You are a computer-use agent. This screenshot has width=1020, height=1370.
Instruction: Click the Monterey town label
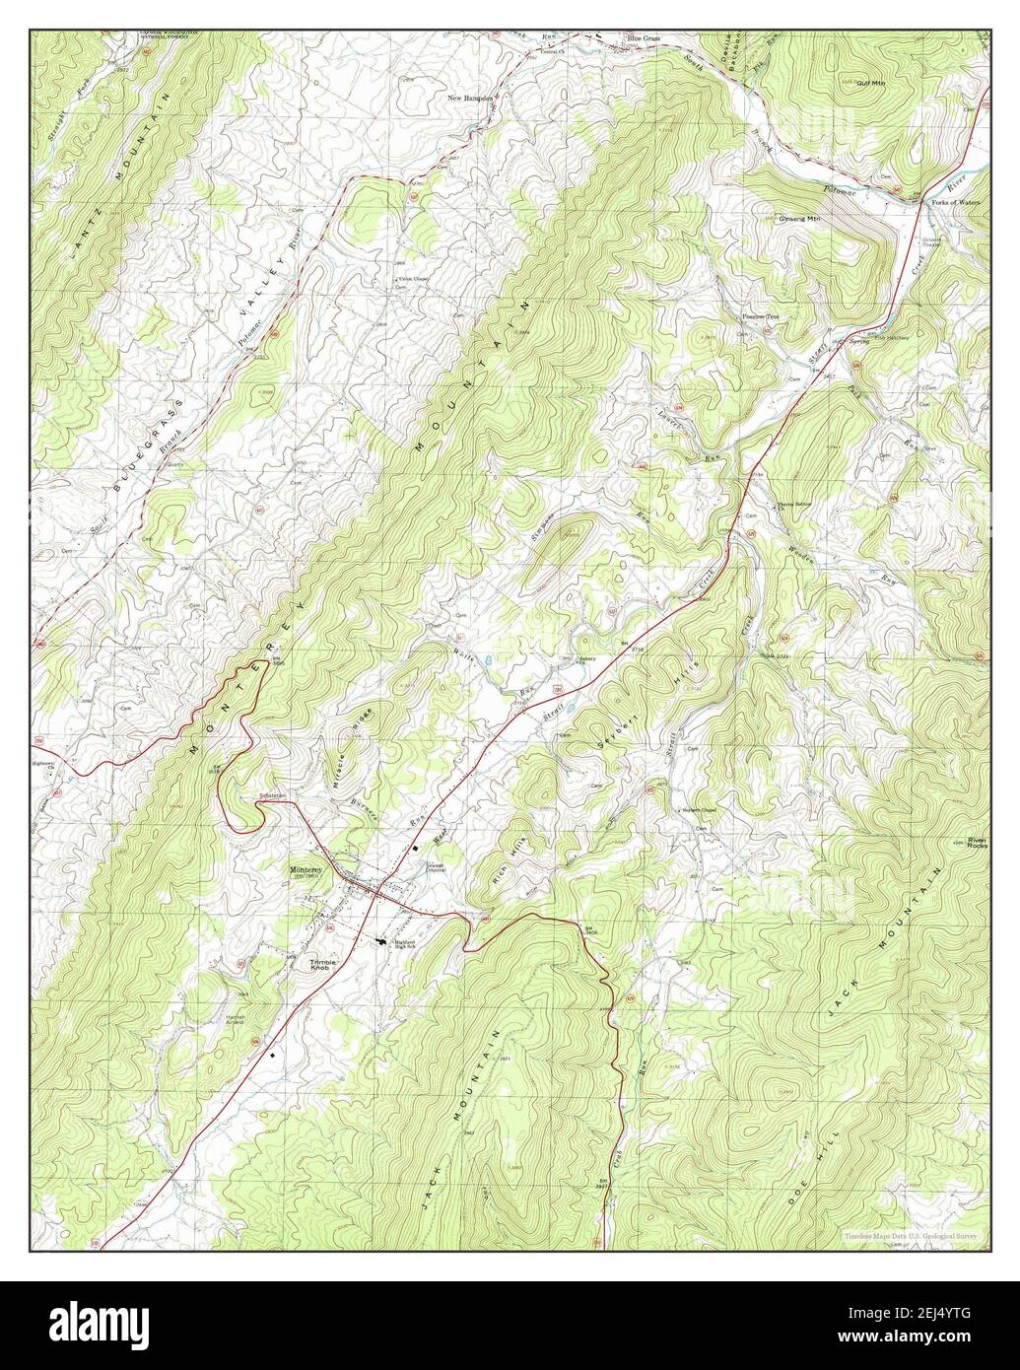click(x=306, y=870)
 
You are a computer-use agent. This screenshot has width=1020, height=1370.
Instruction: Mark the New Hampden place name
click(x=470, y=99)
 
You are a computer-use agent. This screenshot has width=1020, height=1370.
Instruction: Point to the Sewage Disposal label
click(x=436, y=867)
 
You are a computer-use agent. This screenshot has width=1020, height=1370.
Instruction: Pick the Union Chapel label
click(x=413, y=279)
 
